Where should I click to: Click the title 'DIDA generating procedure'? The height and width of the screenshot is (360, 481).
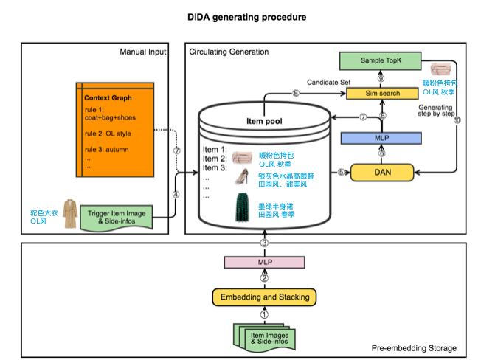240,16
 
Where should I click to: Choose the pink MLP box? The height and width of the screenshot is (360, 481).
264,261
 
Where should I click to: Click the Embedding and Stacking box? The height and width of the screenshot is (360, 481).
263,297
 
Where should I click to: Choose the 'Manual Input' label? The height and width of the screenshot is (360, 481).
142,51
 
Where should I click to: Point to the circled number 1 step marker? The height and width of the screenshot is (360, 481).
264,314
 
